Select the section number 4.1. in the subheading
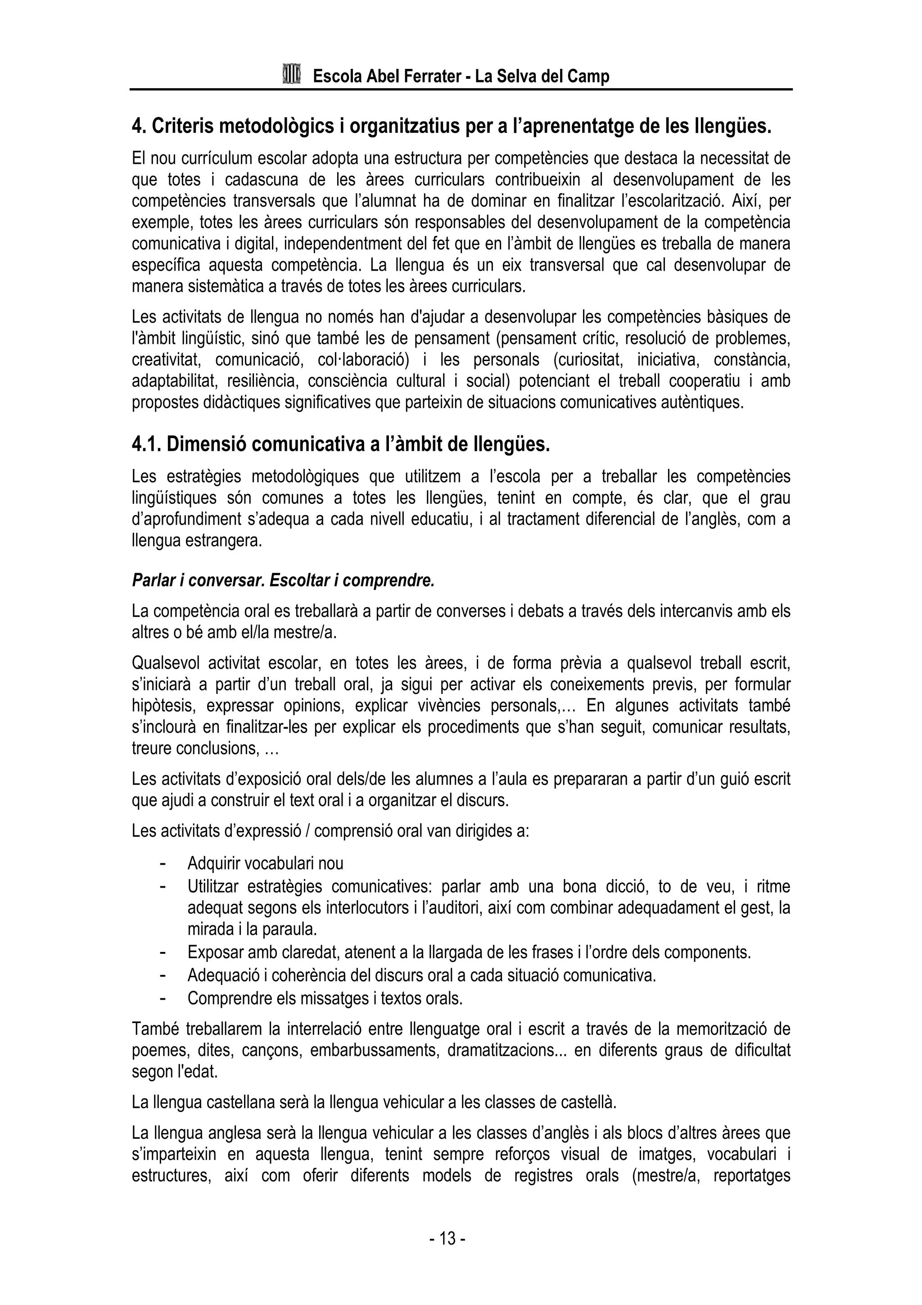point(147,444)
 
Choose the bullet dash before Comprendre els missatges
point(163,997)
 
